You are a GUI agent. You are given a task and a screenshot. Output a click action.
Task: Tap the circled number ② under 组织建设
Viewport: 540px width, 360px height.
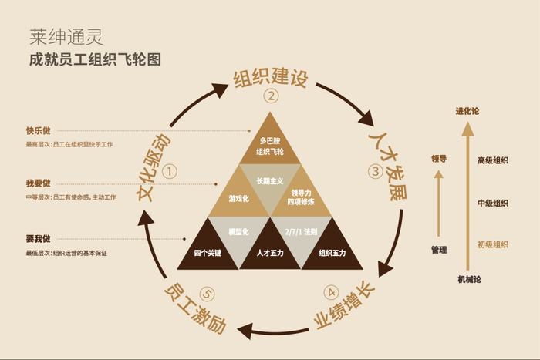click(x=270, y=96)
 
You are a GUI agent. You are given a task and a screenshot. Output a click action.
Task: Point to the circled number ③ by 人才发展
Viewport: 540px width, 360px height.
click(x=376, y=171)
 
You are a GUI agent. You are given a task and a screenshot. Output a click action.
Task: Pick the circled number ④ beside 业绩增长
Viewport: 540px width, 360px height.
click(x=330, y=293)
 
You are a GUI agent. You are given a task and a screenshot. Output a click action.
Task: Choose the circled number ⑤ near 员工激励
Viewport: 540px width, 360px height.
click(x=206, y=293)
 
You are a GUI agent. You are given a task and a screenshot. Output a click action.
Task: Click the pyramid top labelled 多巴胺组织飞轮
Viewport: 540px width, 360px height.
click(x=270, y=146)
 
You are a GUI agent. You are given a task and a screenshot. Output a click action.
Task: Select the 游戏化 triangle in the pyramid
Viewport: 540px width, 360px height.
click(x=239, y=198)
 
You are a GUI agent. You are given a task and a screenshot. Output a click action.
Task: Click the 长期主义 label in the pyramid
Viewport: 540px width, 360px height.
click(x=270, y=180)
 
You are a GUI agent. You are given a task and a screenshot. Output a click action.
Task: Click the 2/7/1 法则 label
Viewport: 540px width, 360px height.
click(x=301, y=231)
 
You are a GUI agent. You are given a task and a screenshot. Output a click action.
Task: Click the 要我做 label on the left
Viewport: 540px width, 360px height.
click(x=38, y=239)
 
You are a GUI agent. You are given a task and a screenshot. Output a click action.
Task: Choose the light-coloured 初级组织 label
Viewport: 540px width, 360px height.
click(x=492, y=244)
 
